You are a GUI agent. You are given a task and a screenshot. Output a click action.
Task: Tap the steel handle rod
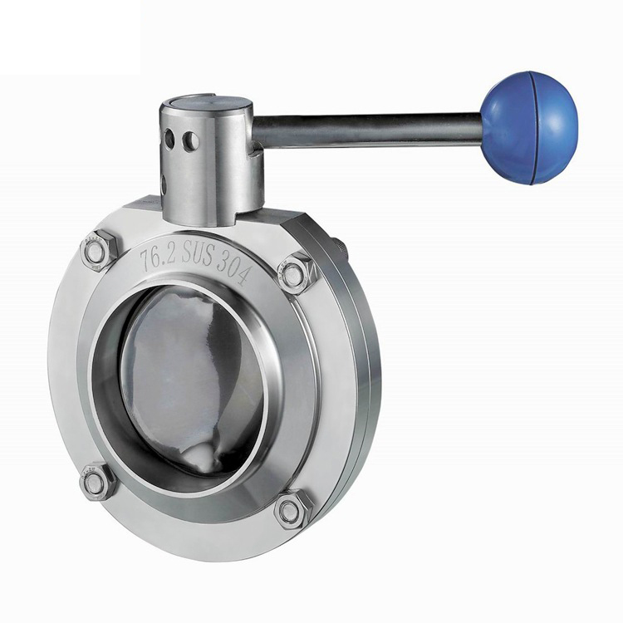click(367, 128)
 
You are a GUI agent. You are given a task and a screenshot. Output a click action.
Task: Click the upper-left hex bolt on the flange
click(99, 250)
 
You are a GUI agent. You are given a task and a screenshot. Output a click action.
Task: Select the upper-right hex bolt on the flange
click(295, 272)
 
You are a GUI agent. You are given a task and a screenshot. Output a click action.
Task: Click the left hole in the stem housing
click(169, 137)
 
